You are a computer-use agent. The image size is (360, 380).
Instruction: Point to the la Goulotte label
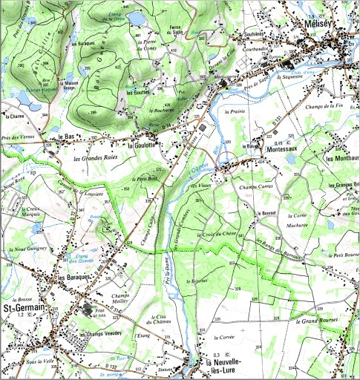[142, 145]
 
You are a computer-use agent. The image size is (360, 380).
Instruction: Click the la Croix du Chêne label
[216, 235]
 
